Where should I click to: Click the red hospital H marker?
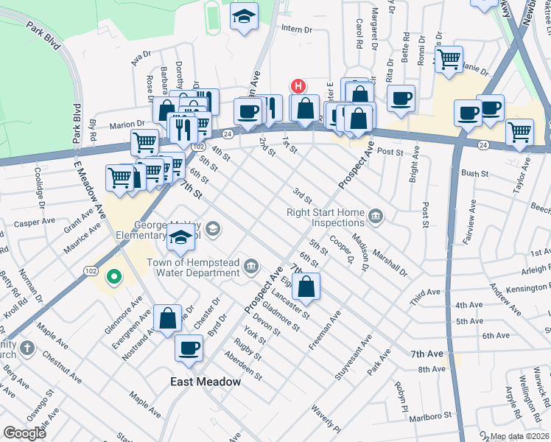point(298,85)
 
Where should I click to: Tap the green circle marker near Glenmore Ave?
point(113,277)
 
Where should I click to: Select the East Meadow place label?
point(206,382)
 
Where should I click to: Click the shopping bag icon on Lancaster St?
point(308,286)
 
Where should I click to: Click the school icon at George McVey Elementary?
point(180,237)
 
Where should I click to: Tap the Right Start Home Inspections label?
point(326,217)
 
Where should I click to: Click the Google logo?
point(24,433)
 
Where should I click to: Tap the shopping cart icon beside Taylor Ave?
point(519,133)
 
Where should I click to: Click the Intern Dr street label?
point(298,29)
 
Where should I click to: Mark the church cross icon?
point(26,348)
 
